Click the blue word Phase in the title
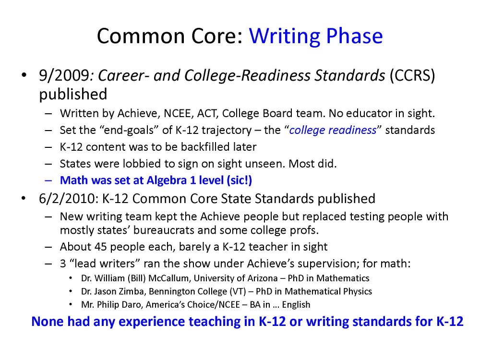354,36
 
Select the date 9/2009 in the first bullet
64,76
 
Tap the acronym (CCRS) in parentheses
412,76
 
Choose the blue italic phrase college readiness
333,130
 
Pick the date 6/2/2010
67,199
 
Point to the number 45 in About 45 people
100,247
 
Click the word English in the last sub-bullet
296,305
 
